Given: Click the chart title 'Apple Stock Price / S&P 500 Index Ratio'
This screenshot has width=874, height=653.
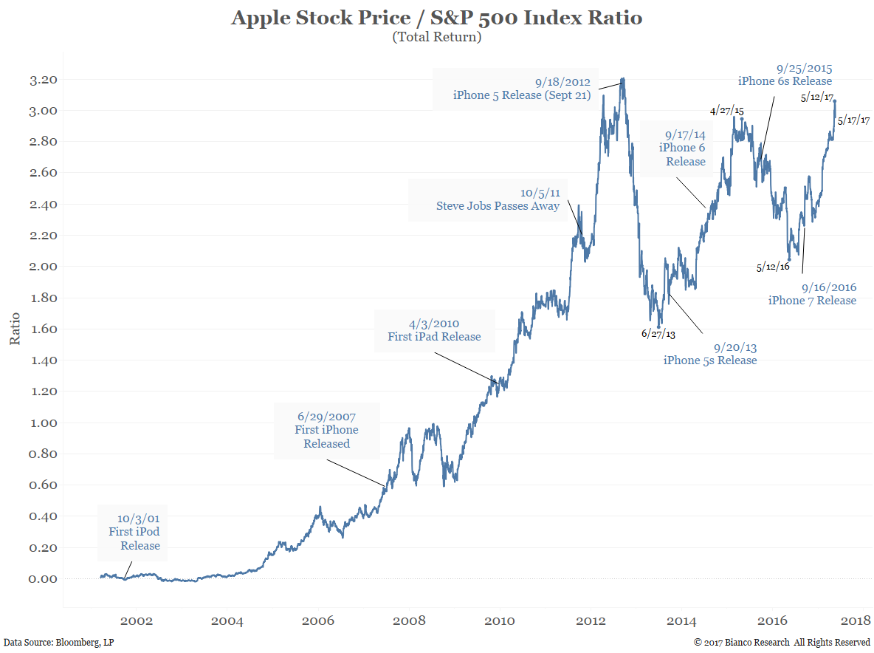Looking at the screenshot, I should pyautogui.click(x=436, y=18).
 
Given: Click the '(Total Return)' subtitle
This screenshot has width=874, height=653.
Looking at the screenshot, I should pyautogui.click(x=436, y=37).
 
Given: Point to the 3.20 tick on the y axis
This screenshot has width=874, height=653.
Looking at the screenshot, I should pyautogui.click(x=43, y=80).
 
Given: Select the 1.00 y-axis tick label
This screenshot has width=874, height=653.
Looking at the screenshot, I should pyautogui.click(x=43, y=423).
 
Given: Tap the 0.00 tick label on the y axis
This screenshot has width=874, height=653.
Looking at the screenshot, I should pyautogui.click(x=43, y=579).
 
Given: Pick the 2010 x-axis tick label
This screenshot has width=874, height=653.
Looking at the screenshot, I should pyautogui.click(x=500, y=620).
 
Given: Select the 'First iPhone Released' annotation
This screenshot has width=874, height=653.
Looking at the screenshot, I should pyautogui.click(x=326, y=430).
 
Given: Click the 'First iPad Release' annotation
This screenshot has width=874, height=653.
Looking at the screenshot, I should pyautogui.click(x=434, y=330).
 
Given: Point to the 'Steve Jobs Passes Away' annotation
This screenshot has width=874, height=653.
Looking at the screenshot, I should pyautogui.click(x=498, y=199).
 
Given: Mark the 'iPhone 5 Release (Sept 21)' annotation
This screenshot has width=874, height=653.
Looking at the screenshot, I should pyautogui.click(x=522, y=89).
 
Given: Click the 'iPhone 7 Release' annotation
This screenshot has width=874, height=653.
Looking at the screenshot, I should pyautogui.click(x=812, y=293).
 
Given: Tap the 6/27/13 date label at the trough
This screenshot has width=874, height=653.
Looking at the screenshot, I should pyautogui.click(x=658, y=334).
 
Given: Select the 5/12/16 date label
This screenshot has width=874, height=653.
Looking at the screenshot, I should pyautogui.click(x=773, y=267).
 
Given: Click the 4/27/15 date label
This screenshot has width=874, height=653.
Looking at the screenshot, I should pyautogui.click(x=727, y=111).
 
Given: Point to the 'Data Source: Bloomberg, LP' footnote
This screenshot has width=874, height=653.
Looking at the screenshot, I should pyautogui.click(x=59, y=643).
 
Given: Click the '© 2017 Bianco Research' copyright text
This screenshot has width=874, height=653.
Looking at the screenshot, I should pyautogui.click(x=782, y=643).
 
